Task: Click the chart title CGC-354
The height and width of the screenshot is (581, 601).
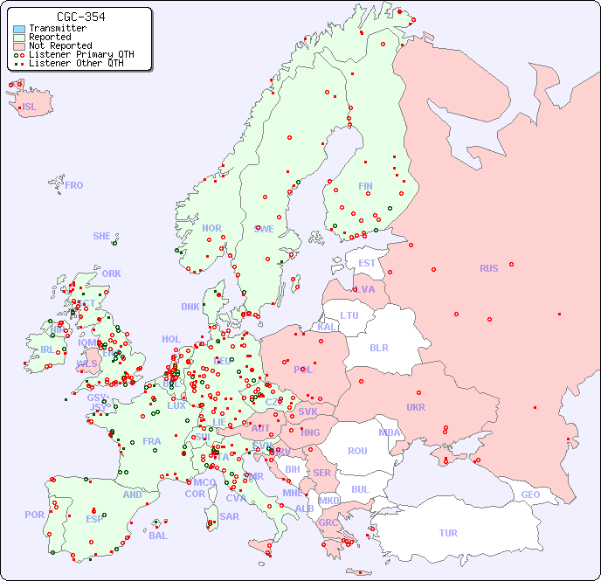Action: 80,17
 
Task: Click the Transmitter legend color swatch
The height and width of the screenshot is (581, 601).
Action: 19,29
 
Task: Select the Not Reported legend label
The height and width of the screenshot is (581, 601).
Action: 59,45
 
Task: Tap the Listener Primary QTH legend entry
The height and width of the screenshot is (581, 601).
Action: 81,54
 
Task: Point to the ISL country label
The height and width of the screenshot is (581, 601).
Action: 30,107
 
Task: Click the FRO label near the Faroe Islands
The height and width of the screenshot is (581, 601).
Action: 74,185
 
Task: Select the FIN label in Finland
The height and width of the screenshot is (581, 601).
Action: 365,186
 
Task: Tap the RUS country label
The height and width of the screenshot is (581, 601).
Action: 488,268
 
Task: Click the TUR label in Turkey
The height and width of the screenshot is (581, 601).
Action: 448,533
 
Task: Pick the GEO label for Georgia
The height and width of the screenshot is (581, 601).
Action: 530,495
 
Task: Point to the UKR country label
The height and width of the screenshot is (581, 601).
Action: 416,407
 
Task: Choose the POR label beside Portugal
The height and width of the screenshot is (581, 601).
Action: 34,515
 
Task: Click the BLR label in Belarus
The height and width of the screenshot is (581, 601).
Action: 379,347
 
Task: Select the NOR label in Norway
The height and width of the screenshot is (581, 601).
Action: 211,228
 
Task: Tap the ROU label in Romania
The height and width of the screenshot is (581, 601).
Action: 357,451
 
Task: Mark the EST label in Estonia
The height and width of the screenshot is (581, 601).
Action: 367,263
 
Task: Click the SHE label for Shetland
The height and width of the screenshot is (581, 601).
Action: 102,236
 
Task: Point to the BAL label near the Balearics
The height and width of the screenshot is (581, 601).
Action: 157,536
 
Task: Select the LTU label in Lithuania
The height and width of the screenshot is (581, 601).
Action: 349,315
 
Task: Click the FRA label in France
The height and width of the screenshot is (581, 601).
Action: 152,441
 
